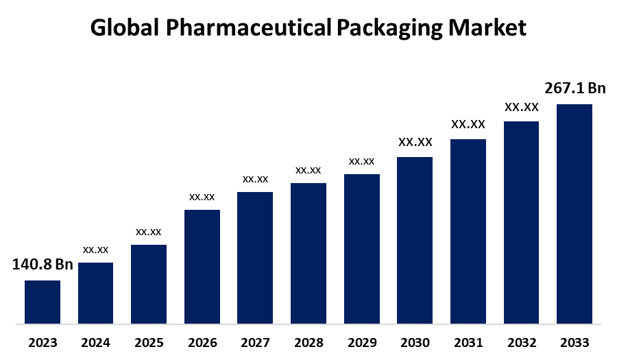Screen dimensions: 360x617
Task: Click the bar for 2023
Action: pos(43,302)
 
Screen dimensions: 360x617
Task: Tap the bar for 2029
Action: pos(362,248)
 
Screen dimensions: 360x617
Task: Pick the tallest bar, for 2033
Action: pos(574,213)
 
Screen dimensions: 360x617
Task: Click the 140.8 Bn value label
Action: pos(43,265)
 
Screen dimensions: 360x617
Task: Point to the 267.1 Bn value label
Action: pos(575,88)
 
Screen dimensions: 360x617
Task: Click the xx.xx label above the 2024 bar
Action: pos(96,250)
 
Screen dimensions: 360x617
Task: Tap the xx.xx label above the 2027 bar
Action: pos(255,179)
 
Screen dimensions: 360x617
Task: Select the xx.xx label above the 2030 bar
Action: pos(415,142)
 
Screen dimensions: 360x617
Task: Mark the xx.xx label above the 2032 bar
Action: pos(522,107)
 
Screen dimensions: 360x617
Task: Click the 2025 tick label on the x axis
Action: pos(149,343)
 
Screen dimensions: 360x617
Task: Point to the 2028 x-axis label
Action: pos(308,343)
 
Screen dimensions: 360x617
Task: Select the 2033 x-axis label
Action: pos(574,343)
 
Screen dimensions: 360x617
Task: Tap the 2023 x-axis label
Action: pos(43,343)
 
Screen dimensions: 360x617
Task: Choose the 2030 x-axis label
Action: pos(415,343)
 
